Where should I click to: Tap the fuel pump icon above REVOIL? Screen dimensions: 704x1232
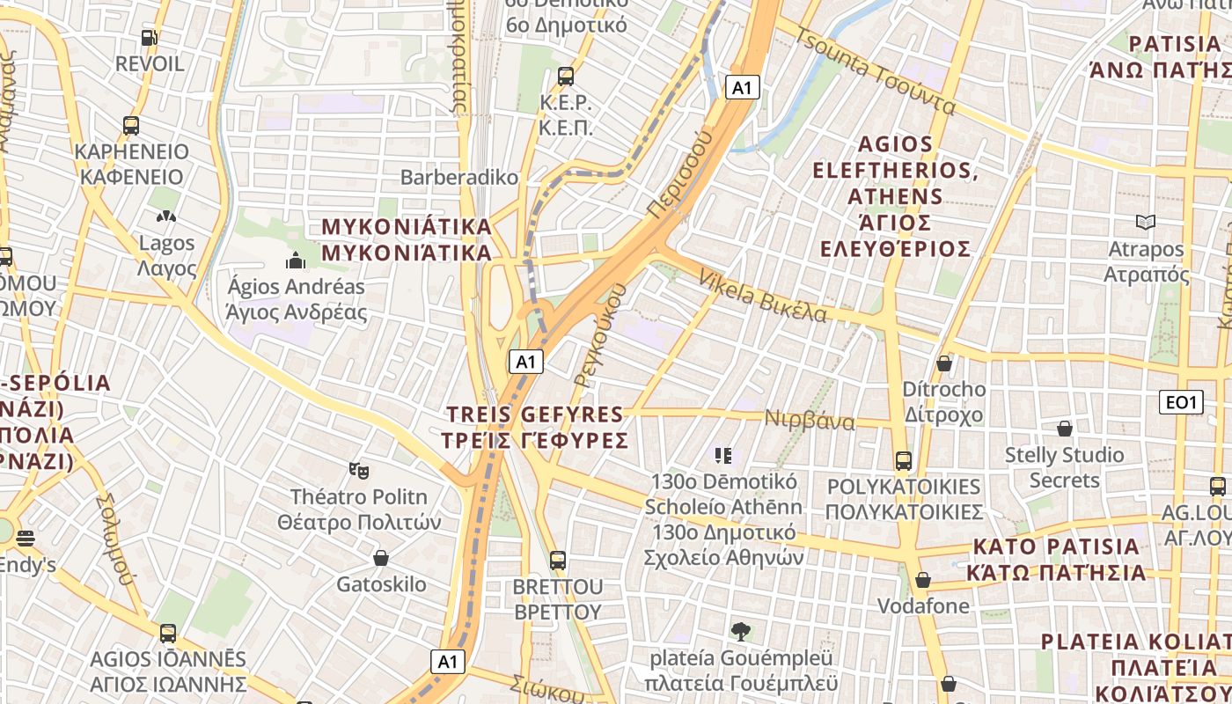[x=150, y=38]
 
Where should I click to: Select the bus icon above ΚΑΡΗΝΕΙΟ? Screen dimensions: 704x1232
[x=131, y=126]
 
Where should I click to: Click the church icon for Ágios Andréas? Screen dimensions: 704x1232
[x=295, y=260]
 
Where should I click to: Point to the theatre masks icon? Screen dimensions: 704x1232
[x=358, y=471]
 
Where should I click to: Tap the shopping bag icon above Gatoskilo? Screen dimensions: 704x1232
[x=381, y=558]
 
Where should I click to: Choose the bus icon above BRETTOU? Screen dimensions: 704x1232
[x=557, y=560]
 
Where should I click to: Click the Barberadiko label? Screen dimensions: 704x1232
[x=459, y=177]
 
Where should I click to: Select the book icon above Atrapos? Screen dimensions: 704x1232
[x=1146, y=223]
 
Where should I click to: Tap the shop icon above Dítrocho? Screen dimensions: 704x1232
[x=944, y=363]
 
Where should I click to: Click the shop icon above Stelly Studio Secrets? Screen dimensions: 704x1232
[x=1065, y=429]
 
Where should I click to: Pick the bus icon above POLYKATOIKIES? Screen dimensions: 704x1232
[x=903, y=460]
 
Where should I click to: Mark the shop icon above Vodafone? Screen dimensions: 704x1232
[x=923, y=580]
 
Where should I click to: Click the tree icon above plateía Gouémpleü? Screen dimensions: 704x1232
[x=740, y=631]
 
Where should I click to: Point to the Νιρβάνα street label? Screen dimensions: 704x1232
[x=810, y=420]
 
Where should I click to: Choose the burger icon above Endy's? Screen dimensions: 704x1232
[x=25, y=539]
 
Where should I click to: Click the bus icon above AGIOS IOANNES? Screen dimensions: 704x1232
[x=168, y=633]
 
